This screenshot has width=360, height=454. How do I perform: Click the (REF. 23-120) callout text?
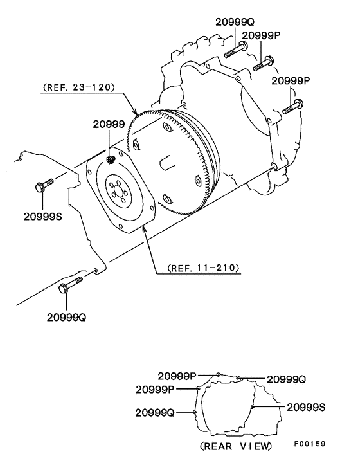click(x=78, y=87)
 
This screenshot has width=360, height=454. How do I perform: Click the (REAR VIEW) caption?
click(x=236, y=445)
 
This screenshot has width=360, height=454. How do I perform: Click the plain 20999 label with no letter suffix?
click(x=108, y=123)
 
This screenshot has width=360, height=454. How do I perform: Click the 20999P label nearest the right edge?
click(x=291, y=80)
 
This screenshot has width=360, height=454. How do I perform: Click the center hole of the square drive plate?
click(x=120, y=193)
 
